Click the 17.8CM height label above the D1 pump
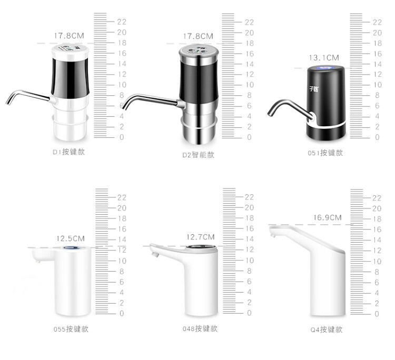pos(69,36)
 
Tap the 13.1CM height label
pos(324,58)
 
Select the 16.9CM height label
pos(327,217)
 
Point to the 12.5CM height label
pos(70,238)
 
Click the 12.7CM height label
pos(200,237)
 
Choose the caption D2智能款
pos(198,155)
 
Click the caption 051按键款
pos(325,153)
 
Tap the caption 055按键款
pos(71,329)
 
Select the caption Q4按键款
pos(327,329)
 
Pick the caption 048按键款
pos(200,328)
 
